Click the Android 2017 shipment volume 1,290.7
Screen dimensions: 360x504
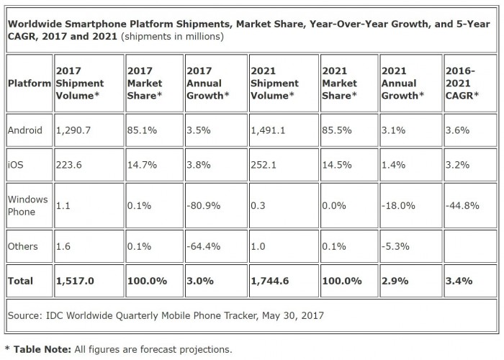coord(73,131)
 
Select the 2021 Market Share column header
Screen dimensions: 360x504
coord(343,83)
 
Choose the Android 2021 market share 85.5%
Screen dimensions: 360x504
coord(338,131)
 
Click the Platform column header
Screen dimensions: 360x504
coord(29,83)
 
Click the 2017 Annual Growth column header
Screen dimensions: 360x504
coord(208,83)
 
